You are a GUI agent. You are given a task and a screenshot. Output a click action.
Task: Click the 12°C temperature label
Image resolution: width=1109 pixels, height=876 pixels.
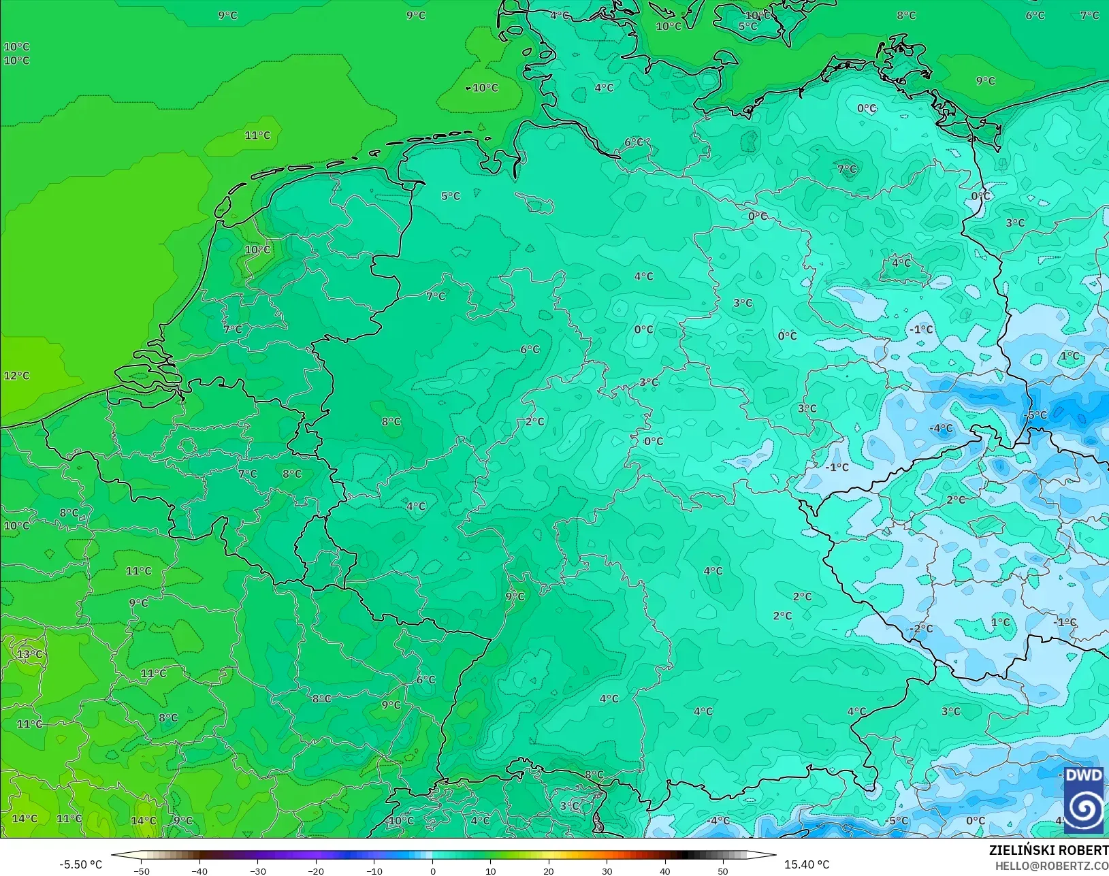[17, 376]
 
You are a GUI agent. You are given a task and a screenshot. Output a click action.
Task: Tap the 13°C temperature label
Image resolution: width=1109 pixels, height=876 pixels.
[30, 655]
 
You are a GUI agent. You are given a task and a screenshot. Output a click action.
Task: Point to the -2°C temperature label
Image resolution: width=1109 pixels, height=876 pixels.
[922, 629]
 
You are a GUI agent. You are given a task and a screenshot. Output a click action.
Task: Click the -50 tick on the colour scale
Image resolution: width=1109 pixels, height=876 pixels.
[141, 871]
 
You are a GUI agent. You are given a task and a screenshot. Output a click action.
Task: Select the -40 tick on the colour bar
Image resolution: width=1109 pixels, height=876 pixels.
[199, 871]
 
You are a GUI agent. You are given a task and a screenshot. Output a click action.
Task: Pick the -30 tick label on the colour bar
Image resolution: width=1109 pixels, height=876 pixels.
[257, 871]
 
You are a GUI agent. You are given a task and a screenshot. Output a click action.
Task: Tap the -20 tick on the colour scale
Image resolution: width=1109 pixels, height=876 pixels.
[315, 871]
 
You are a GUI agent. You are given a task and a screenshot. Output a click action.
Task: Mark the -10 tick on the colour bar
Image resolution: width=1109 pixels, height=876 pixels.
[374, 871]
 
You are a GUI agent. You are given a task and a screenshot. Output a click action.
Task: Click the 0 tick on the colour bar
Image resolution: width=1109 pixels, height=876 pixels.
[432, 871]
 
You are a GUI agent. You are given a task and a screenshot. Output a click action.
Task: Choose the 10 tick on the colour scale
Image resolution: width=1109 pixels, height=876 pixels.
[490, 871]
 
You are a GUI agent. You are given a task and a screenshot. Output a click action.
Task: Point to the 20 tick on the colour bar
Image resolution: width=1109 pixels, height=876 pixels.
[549, 871]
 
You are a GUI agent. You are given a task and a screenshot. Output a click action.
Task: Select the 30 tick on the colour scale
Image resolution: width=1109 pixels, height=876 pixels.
[607, 871]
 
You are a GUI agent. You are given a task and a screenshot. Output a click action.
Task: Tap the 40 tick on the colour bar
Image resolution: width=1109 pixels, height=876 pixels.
[665, 871]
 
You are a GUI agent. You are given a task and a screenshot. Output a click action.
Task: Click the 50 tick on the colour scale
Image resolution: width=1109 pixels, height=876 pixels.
[723, 871]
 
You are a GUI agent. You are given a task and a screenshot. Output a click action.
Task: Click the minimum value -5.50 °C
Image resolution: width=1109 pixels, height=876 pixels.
[80, 864]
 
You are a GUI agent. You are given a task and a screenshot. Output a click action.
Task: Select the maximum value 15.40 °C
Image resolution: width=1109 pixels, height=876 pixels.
[807, 864]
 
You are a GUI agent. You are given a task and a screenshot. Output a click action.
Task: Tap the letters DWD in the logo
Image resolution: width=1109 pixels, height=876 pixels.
[1083, 775]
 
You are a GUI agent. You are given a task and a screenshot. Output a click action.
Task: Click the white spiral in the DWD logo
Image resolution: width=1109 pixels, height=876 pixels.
[1084, 808]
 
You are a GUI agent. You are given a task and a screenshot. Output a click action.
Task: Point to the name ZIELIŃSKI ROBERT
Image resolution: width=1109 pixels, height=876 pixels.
[1048, 850]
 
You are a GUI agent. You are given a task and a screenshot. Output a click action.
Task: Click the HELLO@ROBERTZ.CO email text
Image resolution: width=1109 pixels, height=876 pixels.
[1052, 866]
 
